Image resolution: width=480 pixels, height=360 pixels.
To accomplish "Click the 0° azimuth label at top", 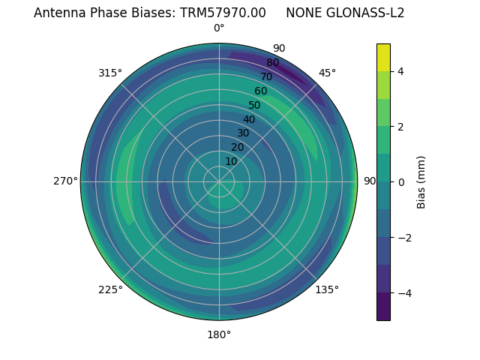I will click(219, 28).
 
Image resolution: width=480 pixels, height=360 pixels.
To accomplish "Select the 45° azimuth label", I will click(327, 73).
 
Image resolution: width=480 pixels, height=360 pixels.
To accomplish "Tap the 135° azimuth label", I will click(327, 289).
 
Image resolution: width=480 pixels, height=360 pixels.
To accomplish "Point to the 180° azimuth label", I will click(219, 334).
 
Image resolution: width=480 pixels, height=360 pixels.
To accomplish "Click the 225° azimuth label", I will click(110, 289).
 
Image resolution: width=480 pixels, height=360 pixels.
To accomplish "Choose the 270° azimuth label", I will click(66, 181).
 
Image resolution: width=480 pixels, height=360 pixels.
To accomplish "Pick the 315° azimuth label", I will click(110, 73).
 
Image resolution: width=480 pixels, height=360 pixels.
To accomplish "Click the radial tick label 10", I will click(231, 161).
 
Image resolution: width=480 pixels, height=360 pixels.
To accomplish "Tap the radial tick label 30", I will click(243, 133).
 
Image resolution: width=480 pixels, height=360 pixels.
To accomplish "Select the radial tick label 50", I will click(254, 105).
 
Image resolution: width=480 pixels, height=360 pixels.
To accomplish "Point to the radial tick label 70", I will click(266, 76).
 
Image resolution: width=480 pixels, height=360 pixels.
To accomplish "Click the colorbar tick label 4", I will click(401, 71).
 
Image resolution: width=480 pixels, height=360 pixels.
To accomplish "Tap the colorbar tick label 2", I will click(401, 127).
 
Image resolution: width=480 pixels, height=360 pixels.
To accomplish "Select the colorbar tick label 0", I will click(401, 181).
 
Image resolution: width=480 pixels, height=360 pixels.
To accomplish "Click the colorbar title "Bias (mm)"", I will click(421, 181).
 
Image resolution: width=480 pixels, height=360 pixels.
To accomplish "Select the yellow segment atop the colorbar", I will click(383, 57).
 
